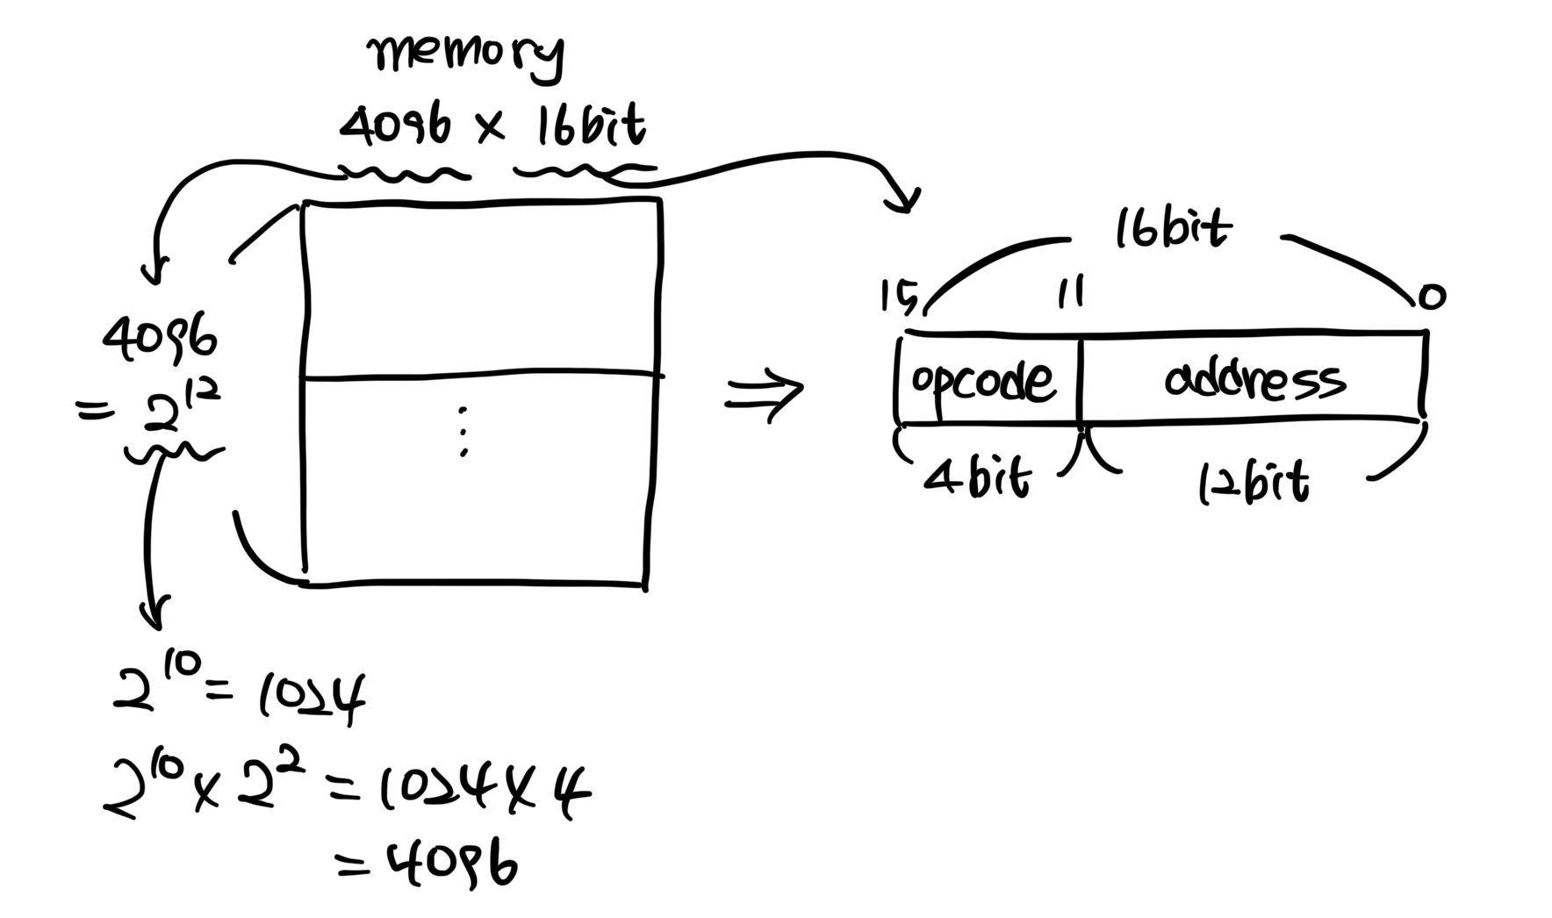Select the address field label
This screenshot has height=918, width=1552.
point(1254,381)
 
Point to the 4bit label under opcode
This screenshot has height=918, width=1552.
point(976,480)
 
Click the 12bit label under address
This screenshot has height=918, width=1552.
point(1253,484)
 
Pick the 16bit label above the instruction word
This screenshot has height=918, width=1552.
point(1172,230)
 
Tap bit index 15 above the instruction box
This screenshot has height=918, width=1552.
point(898,297)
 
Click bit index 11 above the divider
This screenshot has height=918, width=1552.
point(1070,291)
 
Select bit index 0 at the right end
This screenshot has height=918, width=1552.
point(1431,298)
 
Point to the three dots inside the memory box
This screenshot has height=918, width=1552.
point(463,431)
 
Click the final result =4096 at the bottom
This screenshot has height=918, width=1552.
point(428,864)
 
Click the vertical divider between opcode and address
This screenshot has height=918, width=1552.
point(1080,380)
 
